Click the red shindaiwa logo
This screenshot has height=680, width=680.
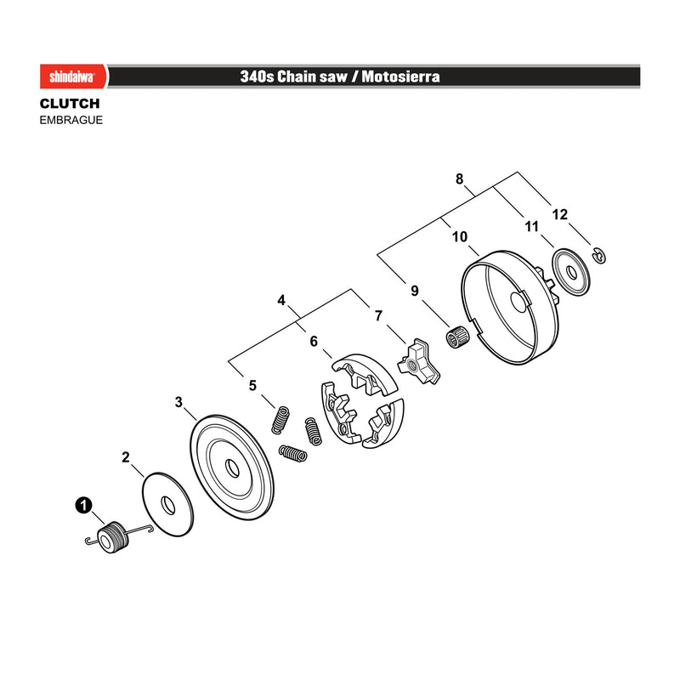click(x=73, y=76)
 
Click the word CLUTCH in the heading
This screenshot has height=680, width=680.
click(x=70, y=104)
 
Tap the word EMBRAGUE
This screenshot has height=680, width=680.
click(x=71, y=120)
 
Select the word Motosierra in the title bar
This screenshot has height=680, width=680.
click(x=400, y=76)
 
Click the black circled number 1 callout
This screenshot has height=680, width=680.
click(x=83, y=505)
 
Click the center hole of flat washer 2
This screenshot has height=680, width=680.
click(x=168, y=505)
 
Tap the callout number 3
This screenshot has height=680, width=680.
click(x=178, y=402)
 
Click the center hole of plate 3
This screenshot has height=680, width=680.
click(x=232, y=468)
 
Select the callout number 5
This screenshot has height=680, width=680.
click(x=252, y=385)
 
